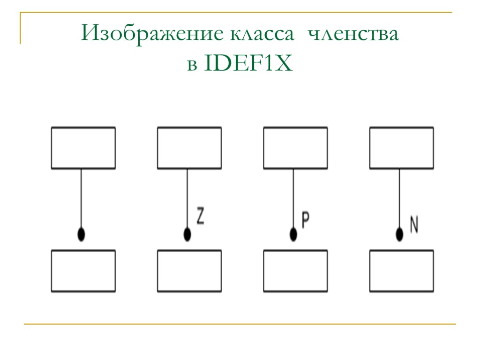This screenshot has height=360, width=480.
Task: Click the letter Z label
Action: pyautogui.click(x=200, y=217)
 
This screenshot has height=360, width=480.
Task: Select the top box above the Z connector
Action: pyautogui.click(x=189, y=148)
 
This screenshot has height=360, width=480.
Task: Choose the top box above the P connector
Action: pyautogui.click(x=295, y=148)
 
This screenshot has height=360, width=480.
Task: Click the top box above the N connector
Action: pyautogui.click(x=402, y=148)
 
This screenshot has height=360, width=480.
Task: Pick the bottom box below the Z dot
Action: pyautogui.click(x=189, y=271)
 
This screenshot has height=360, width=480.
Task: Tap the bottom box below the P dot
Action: pyautogui.click(x=295, y=271)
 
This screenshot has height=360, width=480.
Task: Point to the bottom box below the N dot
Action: pyautogui.click(x=402, y=271)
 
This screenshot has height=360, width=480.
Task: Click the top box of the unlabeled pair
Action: pyautogui.click(x=83, y=148)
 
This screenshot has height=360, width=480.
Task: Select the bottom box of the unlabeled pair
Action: pyautogui.click(x=83, y=271)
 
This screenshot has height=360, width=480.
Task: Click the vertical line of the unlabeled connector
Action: pyautogui.click(x=82, y=197)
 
